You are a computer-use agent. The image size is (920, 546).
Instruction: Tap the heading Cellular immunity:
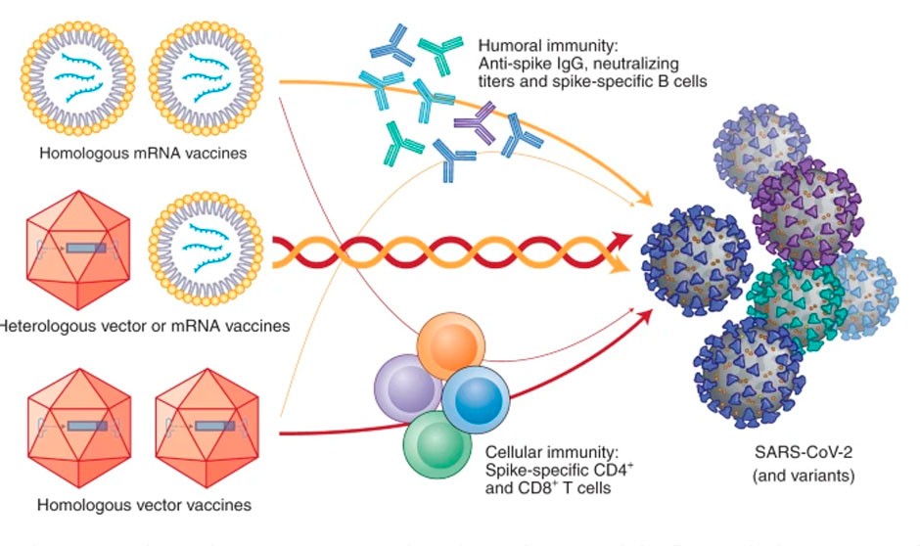click(x=541, y=453)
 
